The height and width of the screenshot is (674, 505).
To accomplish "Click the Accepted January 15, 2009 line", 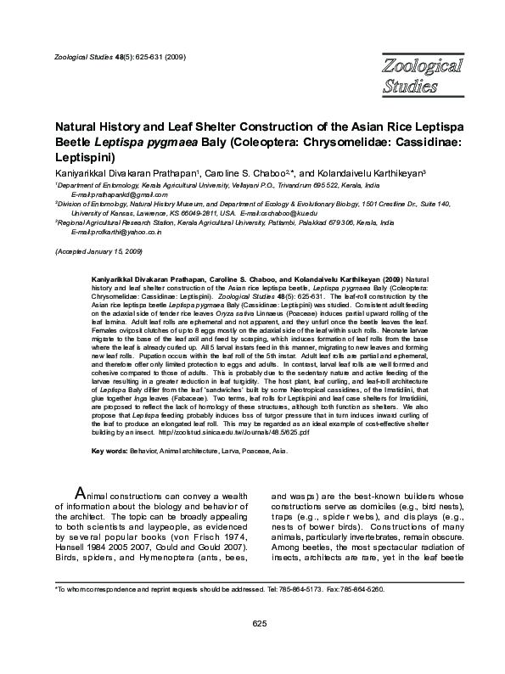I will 98,252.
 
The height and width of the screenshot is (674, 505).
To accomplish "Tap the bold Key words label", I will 109,451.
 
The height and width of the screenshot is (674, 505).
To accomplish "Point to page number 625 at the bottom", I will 260,648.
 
